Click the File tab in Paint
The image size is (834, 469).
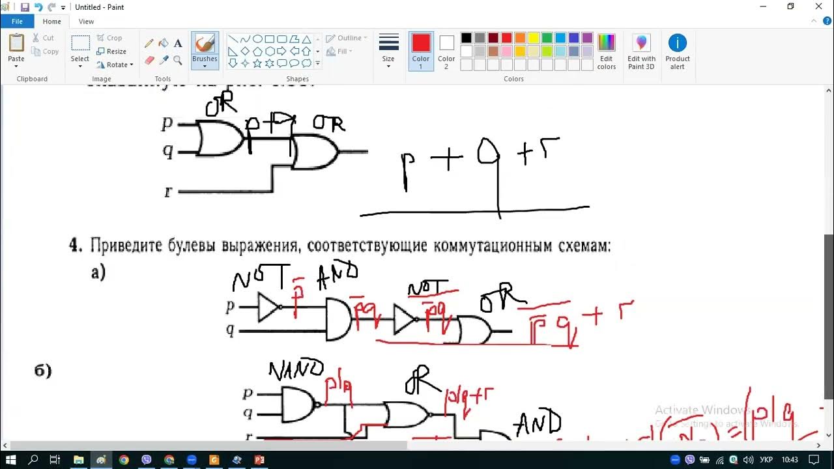pyautogui.click(x=17, y=21)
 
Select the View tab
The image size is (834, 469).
pyautogui.click(x=86, y=21)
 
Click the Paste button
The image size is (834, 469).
pyautogui.click(x=16, y=49)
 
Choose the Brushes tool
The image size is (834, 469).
pyautogui.click(x=205, y=49)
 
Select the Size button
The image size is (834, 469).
pyautogui.click(x=388, y=49)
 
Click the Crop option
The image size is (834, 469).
pyautogui.click(x=110, y=38)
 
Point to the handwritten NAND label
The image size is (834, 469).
pyautogui.click(x=296, y=369)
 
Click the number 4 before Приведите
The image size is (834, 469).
pyautogui.click(x=76, y=246)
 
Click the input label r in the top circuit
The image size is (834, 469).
pyautogui.click(x=168, y=192)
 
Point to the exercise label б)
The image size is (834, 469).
pyautogui.click(x=43, y=371)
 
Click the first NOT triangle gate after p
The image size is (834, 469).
pyautogui.click(x=268, y=307)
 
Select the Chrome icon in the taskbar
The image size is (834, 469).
pyautogui.click(x=124, y=460)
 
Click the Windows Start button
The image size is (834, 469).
pyautogui.click(x=11, y=460)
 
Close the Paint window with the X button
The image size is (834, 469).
pyautogui.click(x=819, y=7)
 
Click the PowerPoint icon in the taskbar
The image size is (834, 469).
pyautogui.click(x=259, y=460)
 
